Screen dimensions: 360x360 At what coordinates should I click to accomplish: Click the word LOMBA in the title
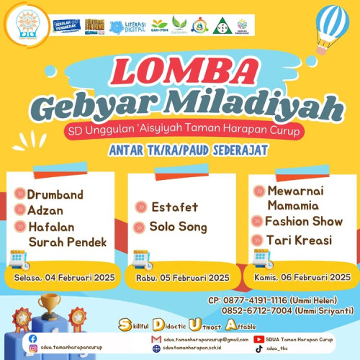pos(180,73)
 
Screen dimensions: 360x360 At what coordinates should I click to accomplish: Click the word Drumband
pos(55,195)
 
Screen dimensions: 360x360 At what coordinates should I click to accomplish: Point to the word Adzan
pos(46,211)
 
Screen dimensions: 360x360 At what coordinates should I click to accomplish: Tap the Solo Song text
pos(178,227)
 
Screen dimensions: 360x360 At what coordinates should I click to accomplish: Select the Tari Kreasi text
pos(297,240)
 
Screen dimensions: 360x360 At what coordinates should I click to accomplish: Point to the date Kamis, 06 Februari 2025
pos(302,276)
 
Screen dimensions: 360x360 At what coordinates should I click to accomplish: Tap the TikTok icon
pos(258,348)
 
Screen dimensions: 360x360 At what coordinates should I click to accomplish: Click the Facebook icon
pos(32,338)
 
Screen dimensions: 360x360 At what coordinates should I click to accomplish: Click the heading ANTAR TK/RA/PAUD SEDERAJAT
pos(180,151)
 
